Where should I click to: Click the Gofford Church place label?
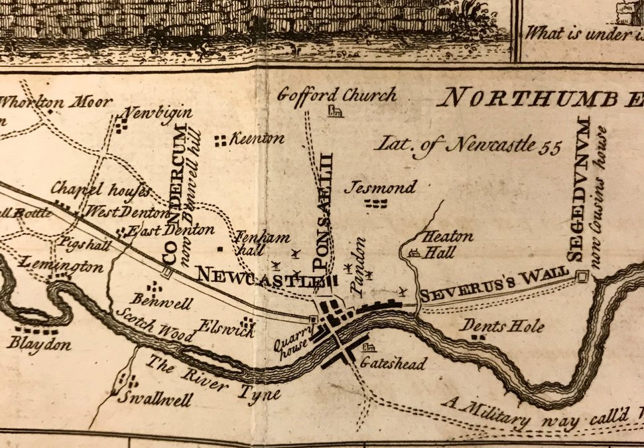(x=336, y=95)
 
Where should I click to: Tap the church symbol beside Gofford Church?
(x=335, y=112)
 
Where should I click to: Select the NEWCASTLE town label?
(x=255, y=274)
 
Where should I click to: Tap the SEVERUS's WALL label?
(x=493, y=284)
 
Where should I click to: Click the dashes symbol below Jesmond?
(x=377, y=204)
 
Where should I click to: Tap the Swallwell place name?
(x=154, y=399)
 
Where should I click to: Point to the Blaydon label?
(x=40, y=343)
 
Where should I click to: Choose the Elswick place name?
(x=219, y=326)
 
